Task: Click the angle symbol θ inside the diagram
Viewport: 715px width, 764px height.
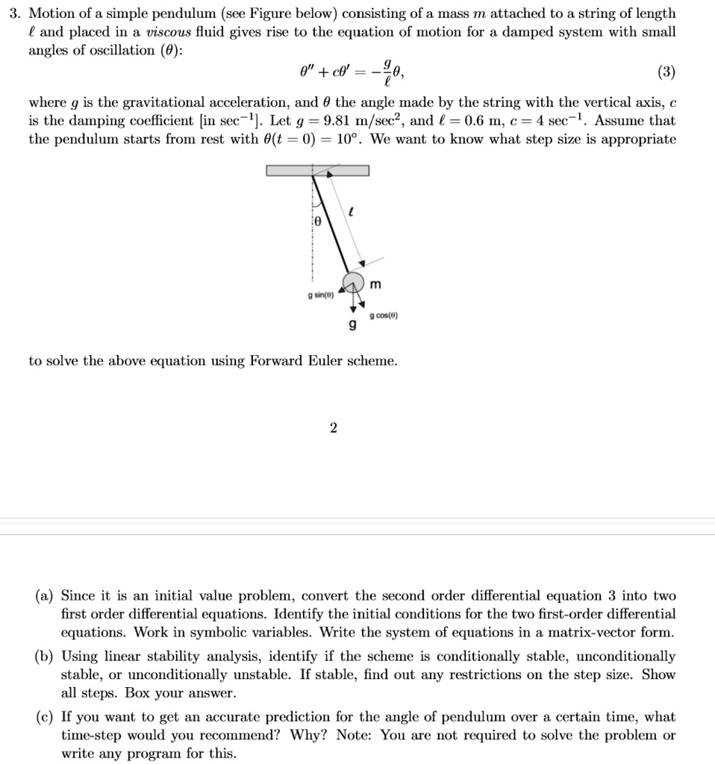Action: pos(316,222)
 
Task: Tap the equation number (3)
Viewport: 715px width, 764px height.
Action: pos(666,72)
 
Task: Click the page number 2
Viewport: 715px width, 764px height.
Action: pos(333,428)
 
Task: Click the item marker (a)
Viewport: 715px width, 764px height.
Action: pos(44,596)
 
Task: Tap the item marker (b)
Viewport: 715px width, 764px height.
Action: pos(44,657)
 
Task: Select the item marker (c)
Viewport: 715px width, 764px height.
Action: pos(44,717)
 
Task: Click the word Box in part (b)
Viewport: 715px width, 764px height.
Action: pos(138,693)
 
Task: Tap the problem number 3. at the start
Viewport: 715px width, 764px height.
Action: pos(13,13)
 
